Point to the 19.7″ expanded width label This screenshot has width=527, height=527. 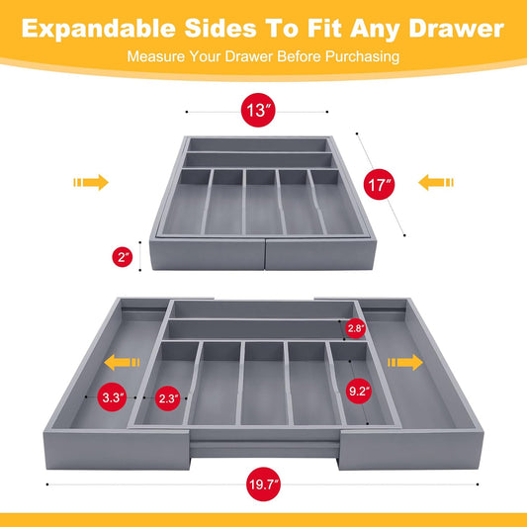pos(263,484)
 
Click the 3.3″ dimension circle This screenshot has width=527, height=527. pos(112,398)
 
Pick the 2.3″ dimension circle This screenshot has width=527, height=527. pos(167,398)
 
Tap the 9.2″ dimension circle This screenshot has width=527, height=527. pos(359,392)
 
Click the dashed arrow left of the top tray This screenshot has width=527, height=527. pos(90,183)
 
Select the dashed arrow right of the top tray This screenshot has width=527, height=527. pos(436,183)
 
